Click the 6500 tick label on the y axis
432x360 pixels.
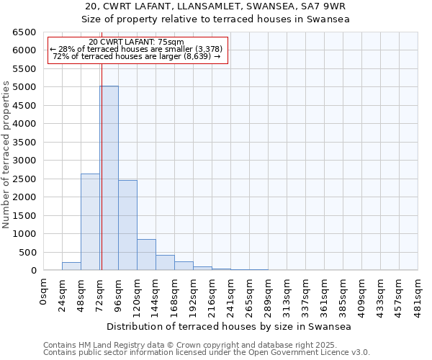click(24, 32)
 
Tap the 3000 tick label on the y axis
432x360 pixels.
click(24, 161)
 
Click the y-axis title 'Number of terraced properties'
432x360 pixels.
click(7, 155)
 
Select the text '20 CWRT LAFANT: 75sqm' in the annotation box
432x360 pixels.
click(138, 42)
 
